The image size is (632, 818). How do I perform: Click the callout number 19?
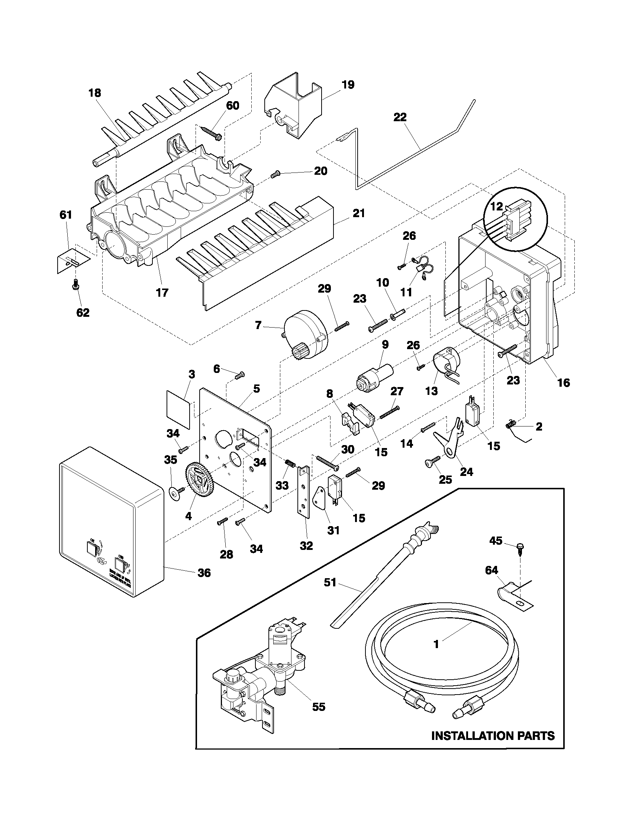[348, 85]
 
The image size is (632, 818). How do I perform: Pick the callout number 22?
[400, 117]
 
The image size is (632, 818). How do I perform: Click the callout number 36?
[204, 573]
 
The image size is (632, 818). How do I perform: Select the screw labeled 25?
[433, 462]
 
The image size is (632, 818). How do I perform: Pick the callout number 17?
[162, 292]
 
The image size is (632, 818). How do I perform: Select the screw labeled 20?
[275, 174]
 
